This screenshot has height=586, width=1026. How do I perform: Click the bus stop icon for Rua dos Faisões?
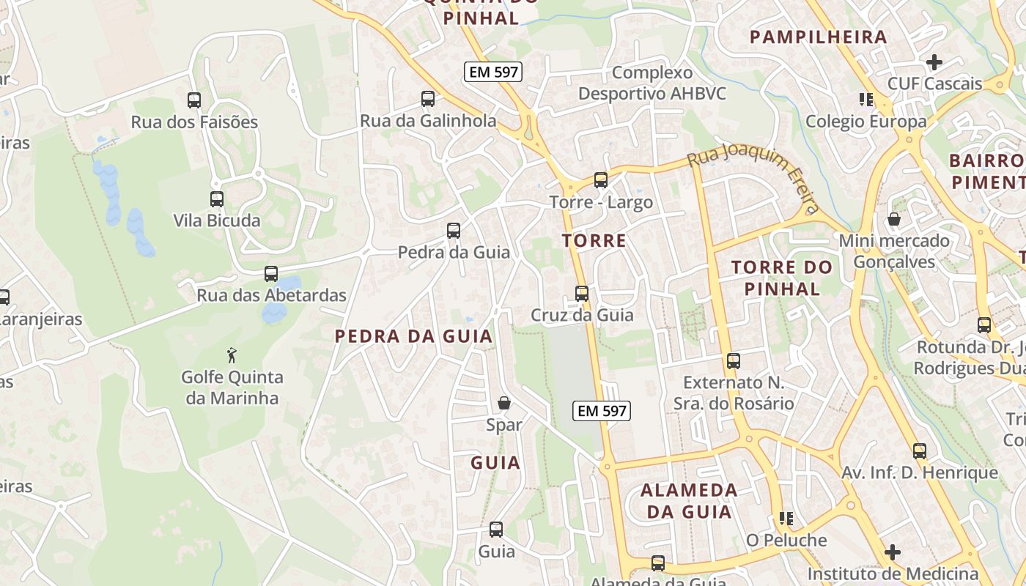(x=194, y=100)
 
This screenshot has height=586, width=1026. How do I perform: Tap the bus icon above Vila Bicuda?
(x=216, y=199)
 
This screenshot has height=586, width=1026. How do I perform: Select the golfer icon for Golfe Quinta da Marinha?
(x=232, y=355)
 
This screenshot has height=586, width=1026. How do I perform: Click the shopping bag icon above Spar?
(x=504, y=403)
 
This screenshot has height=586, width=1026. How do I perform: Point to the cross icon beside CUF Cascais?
(x=934, y=62)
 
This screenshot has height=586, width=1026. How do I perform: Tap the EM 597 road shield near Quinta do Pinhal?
(x=492, y=72)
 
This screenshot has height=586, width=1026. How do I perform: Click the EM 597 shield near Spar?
(x=602, y=411)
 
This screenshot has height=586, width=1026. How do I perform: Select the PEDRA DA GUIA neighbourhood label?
(x=413, y=336)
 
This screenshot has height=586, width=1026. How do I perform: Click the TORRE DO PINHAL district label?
(x=783, y=278)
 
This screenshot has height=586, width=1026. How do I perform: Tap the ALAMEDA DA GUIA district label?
(x=689, y=500)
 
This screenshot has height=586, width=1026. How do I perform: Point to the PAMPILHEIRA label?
(x=819, y=37)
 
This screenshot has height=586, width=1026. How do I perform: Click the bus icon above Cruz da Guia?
(x=582, y=294)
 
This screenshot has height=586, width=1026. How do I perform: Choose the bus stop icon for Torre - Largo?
(x=601, y=180)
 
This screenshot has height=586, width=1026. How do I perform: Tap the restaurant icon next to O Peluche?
(x=786, y=519)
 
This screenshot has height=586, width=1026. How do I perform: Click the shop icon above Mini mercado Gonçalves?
(x=894, y=219)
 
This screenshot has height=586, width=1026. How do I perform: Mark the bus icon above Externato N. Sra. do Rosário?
(x=734, y=360)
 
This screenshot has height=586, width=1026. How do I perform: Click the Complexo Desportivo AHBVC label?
(x=652, y=84)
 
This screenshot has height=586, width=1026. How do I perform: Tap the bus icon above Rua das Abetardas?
(x=271, y=274)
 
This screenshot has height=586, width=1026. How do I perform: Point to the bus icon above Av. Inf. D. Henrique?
(x=920, y=451)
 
